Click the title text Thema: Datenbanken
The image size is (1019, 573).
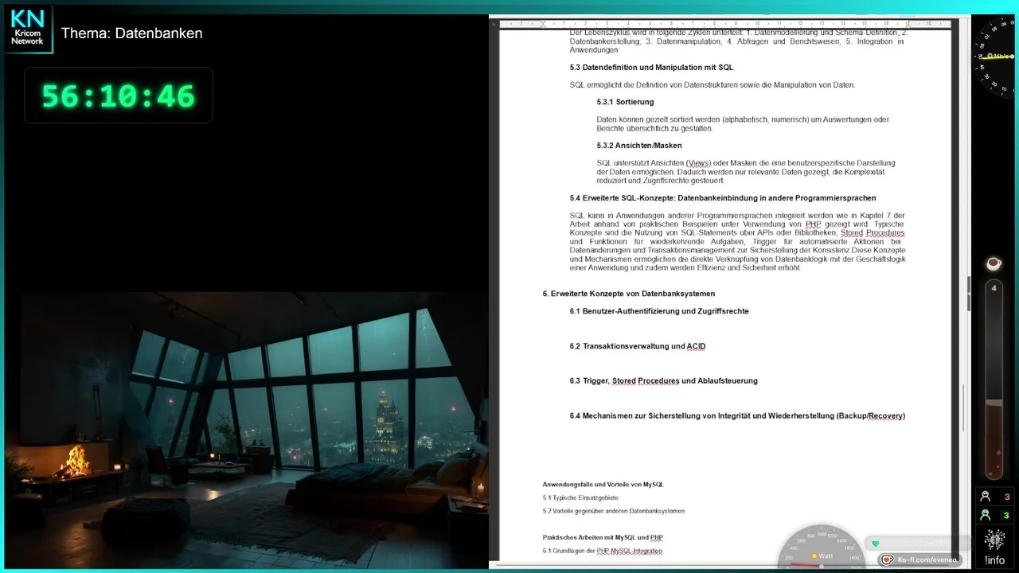click(131, 33)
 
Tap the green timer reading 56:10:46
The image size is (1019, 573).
click(118, 96)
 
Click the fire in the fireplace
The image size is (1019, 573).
click(76, 462)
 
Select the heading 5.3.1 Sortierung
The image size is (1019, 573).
click(625, 102)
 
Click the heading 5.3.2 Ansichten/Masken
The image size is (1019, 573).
click(639, 146)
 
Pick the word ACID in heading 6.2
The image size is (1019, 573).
click(696, 346)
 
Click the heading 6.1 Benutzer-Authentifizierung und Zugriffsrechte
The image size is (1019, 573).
click(659, 311)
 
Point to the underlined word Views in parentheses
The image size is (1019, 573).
click(698, 163)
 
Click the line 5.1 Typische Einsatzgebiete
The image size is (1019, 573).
click(580, 497)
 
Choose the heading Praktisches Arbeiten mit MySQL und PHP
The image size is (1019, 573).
click(603, 537)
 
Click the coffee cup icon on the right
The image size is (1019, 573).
click(994, 263)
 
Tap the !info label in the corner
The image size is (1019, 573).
click(994, 560)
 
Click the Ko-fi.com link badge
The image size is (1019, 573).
click(920, 559)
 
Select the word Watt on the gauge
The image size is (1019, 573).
click(826, 555)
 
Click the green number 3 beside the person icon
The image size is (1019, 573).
click(1006, 516)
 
